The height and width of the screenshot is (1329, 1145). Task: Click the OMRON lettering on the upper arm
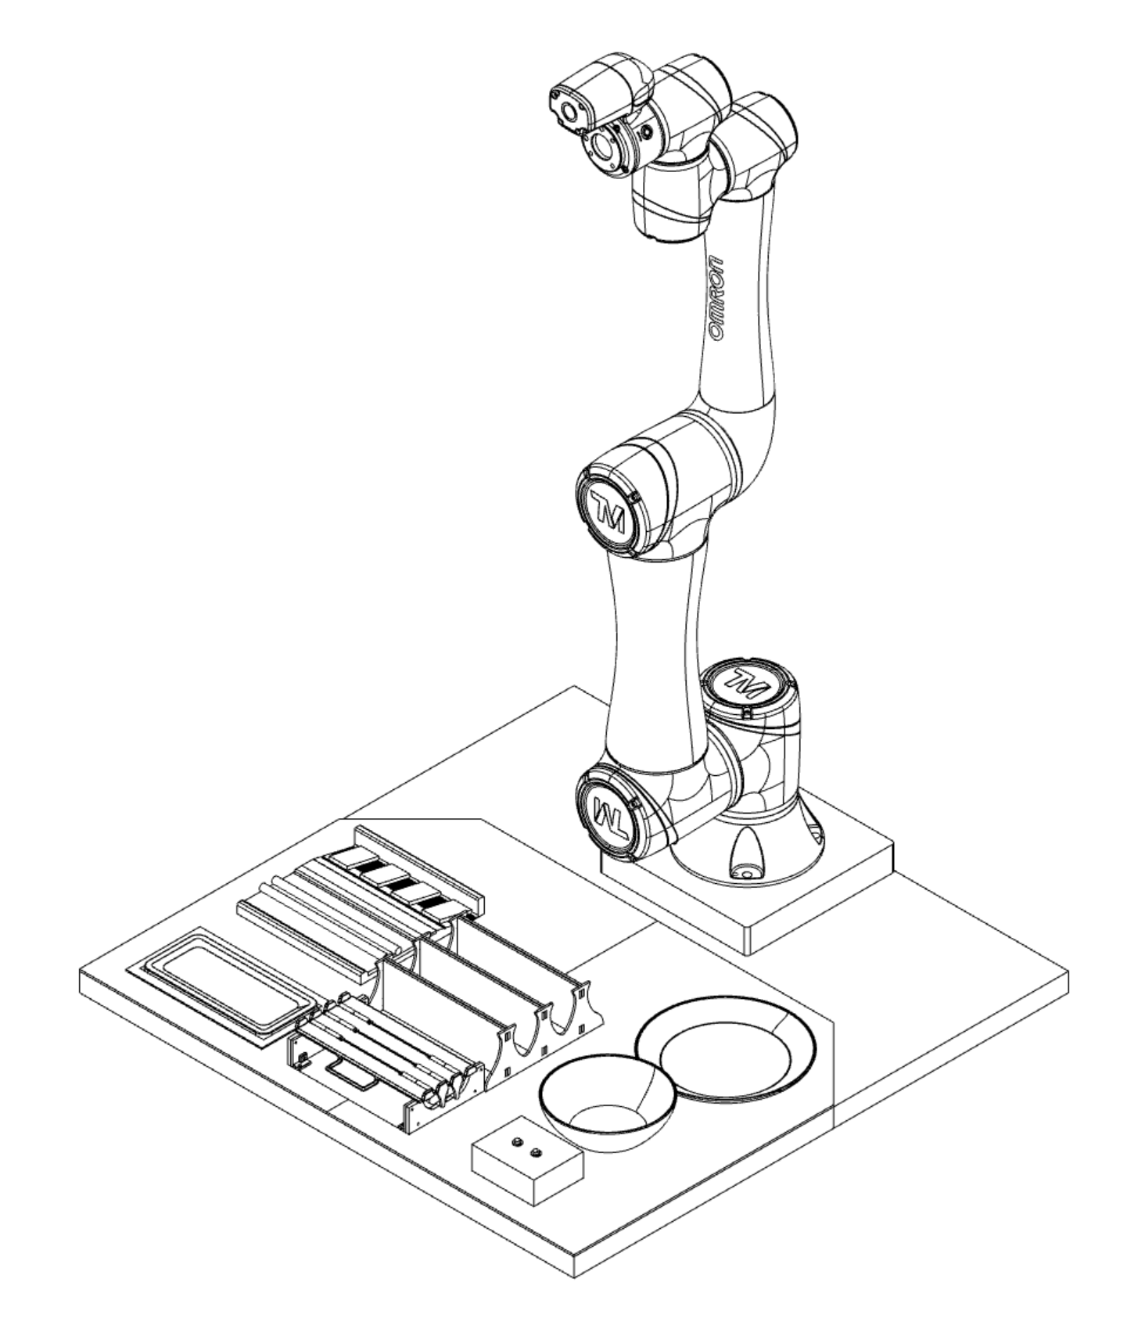point(716,298)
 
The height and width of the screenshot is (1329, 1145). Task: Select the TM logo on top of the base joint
point(745,683)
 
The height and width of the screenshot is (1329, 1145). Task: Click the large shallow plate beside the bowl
point(725,1049)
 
